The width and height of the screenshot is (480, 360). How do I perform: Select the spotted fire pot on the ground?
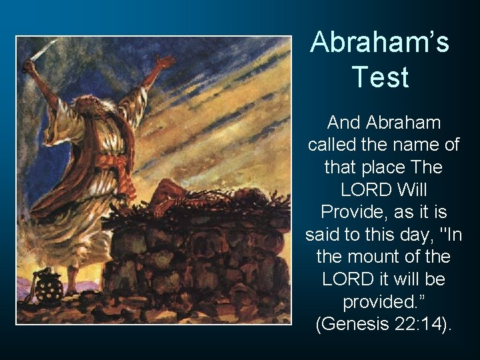(x=49, y=285)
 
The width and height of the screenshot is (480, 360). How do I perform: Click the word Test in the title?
(x=379, y=77)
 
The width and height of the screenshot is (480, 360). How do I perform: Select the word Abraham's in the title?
(x=379, y=43)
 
